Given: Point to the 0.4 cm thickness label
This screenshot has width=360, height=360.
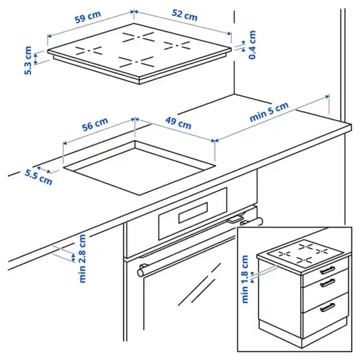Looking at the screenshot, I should click(x=253, y=45).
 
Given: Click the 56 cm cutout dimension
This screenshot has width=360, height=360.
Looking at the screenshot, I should click(x=95, y=127).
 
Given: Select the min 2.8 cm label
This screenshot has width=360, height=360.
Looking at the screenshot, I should click(x=82, y=258).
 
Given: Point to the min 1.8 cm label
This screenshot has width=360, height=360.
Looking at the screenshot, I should click(x=245, y=279).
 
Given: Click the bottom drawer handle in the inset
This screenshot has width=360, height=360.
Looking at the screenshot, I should click(x=328, y=308).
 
